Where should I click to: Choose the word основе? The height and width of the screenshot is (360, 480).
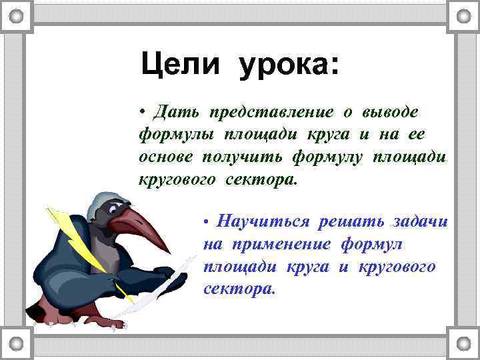click(166, 156)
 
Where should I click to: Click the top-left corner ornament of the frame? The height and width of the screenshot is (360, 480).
click(17, 16)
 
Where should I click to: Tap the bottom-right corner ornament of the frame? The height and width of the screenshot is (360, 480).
click(463, 343)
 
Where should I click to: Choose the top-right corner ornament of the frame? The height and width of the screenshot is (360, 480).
click(463, 16)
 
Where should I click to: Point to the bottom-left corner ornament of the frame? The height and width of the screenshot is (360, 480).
click(17, 343)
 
